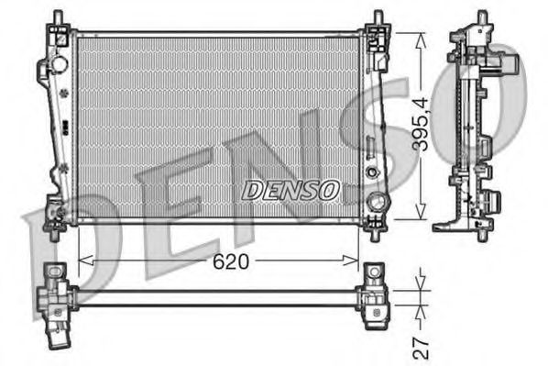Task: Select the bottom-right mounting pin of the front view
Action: [x=376, y=233]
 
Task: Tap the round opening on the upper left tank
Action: [x=60, y=66]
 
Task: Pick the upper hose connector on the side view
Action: [x=506, y=67]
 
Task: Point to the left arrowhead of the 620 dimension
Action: [x=83, y=261]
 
